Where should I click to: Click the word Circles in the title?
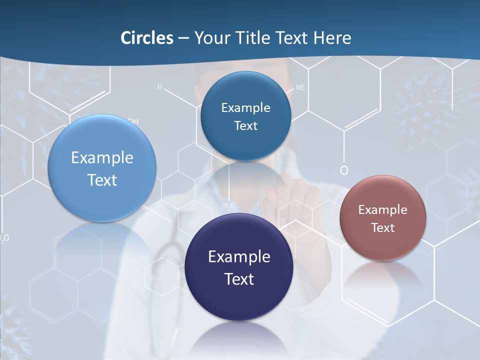point(146,38)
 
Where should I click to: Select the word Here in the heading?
point(332,38)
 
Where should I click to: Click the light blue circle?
point(102,168)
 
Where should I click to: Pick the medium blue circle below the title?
point(245,116)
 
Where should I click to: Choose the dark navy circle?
point(239,267)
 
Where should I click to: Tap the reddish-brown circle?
point(382,218)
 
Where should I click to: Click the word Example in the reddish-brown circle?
point(382,210)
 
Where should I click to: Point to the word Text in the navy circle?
point(239,279)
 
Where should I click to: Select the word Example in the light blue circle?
point(102,158)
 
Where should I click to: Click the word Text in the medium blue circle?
point(245,126)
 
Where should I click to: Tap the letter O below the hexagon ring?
point(344,170)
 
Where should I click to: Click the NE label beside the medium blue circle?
point(300,87)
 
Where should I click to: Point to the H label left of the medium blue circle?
point(160,87)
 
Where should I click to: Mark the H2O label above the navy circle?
point(228,205)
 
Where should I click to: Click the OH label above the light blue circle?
point(133,121)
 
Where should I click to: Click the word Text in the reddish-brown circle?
point(383,228)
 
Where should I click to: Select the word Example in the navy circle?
point(239,257)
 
